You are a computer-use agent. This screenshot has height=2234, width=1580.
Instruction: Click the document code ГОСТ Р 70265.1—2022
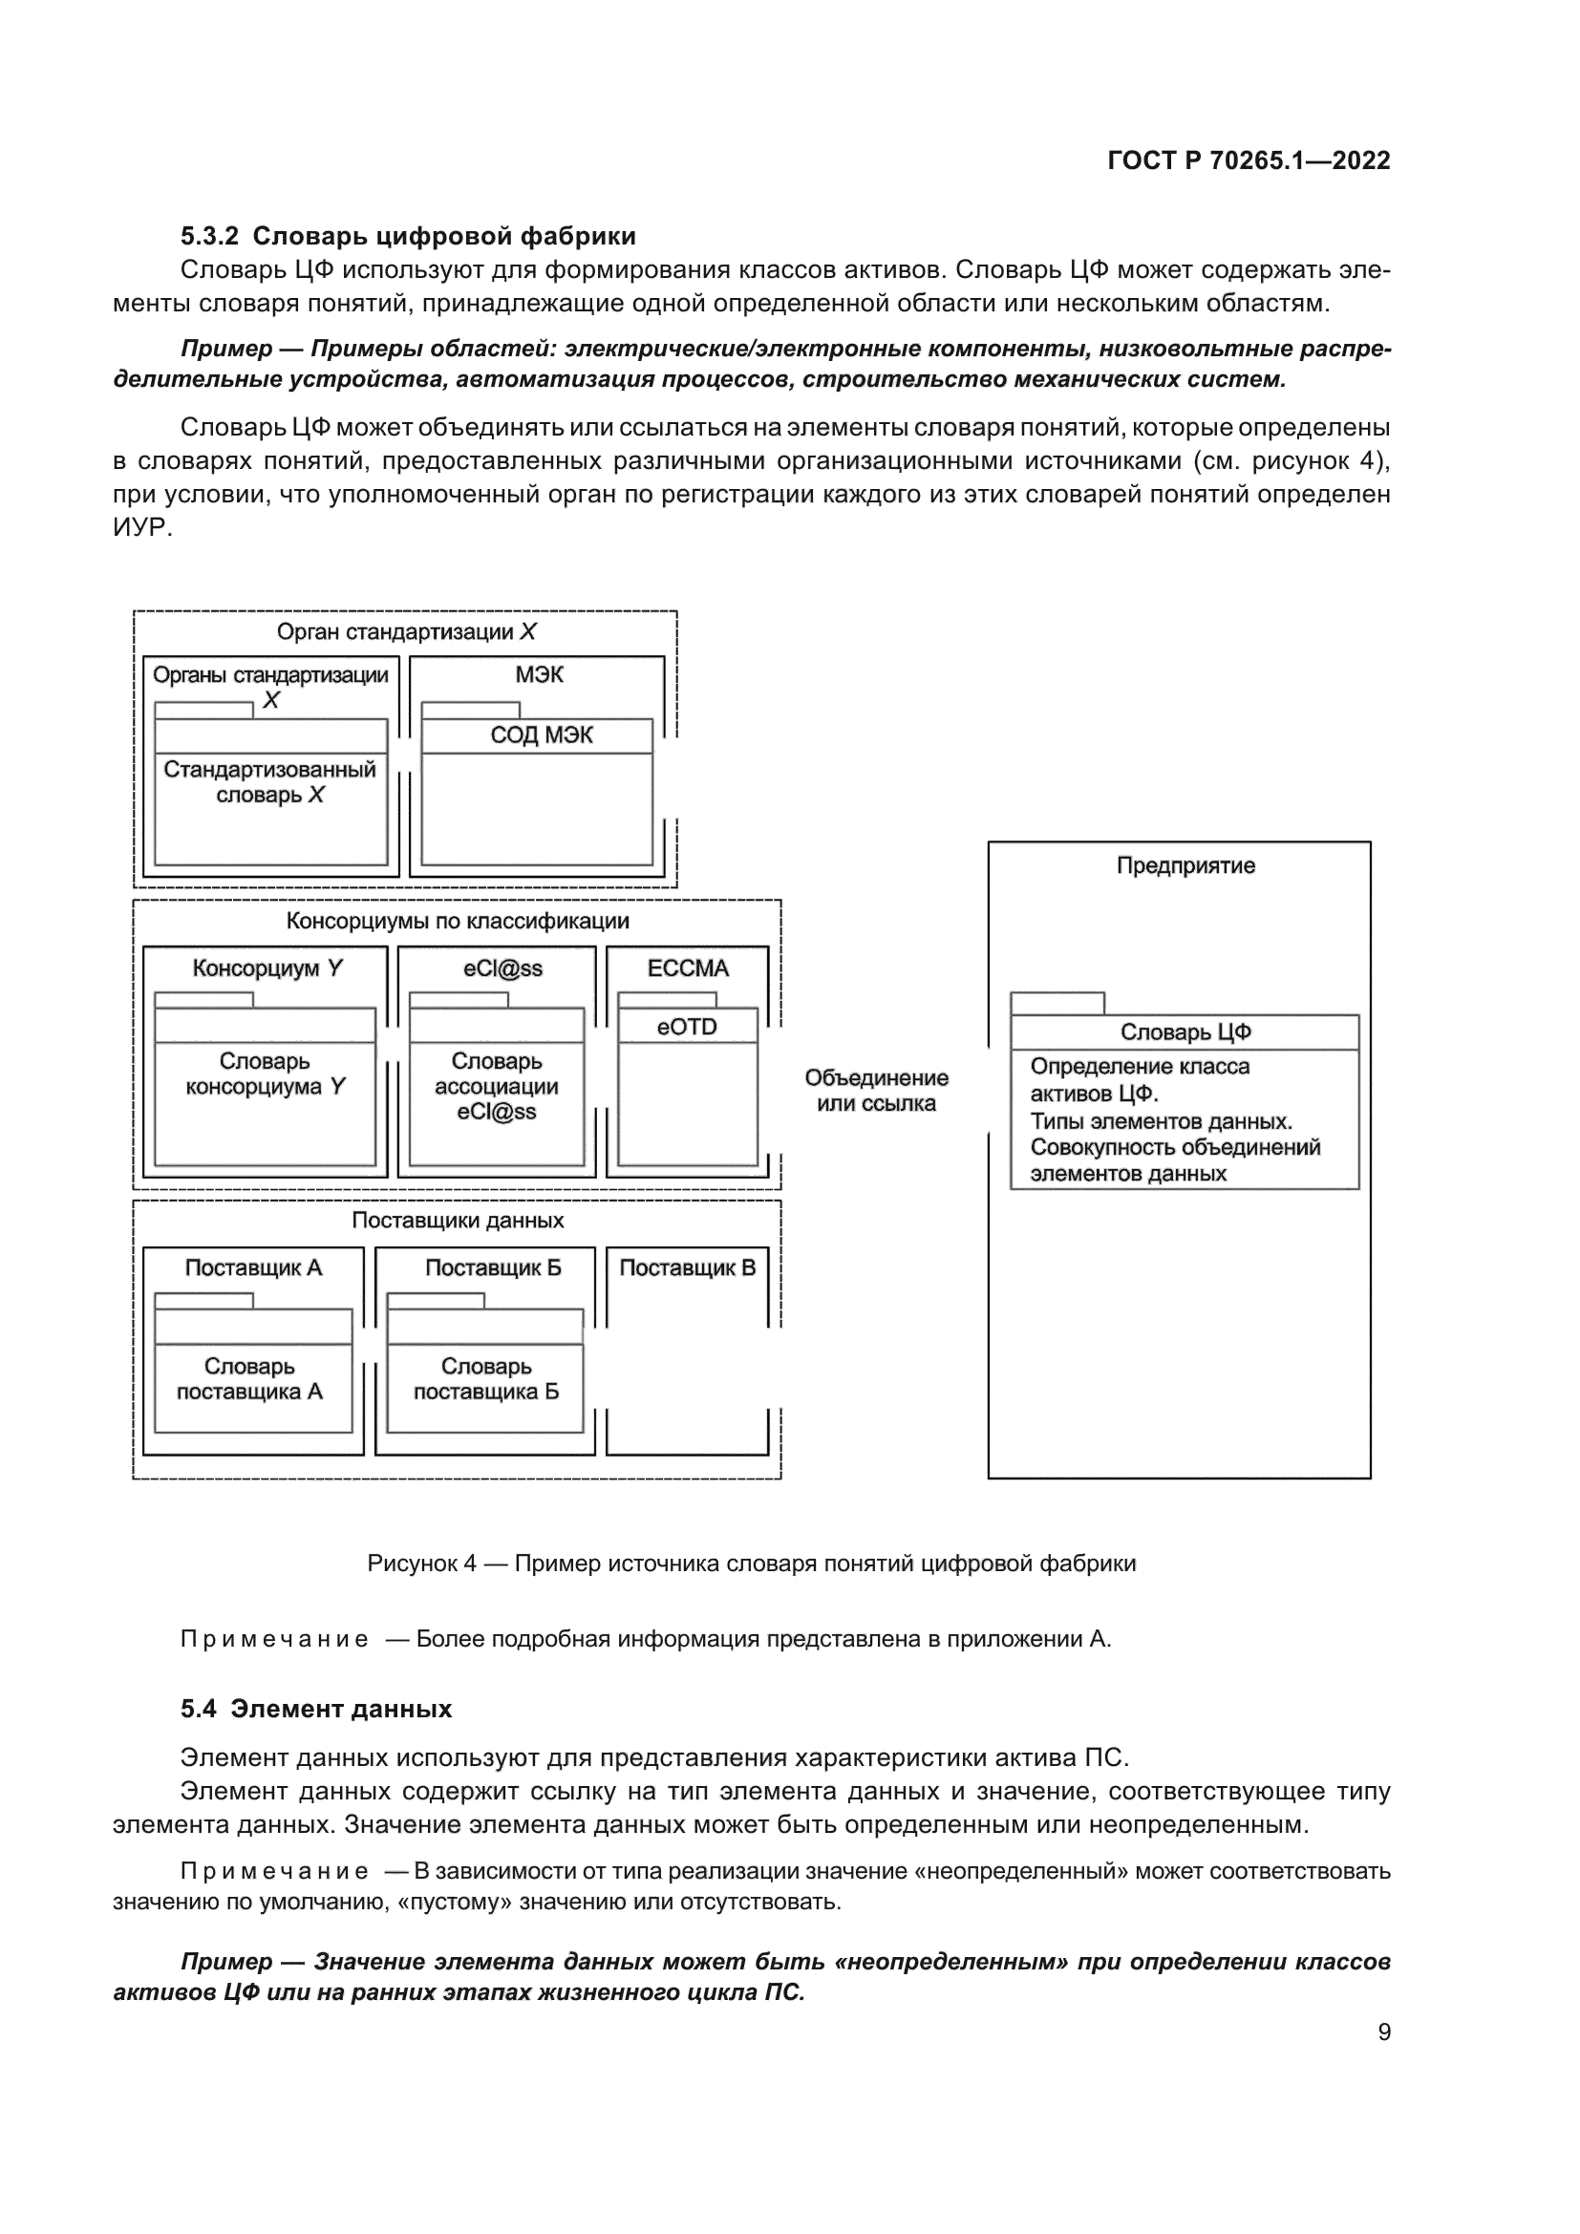point(1249,161)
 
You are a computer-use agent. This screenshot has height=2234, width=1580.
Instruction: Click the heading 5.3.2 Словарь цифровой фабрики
point(408,237)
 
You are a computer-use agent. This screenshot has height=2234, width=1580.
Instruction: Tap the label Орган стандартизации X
point(406,632)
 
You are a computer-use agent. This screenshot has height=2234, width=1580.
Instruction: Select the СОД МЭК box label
point(541,735)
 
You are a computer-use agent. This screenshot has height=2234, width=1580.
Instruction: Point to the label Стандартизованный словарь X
point(269,782)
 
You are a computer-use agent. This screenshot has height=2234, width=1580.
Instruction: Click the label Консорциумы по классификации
point(458,922)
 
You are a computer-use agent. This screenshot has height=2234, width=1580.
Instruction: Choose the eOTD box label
point(687,1027)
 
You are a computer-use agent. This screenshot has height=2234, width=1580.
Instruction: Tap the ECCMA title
point(688,968)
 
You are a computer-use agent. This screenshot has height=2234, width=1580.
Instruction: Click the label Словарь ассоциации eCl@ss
point(496,1087)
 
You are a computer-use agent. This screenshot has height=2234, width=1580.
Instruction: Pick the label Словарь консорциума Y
point(265,1074)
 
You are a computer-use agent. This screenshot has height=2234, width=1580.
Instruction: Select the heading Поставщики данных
point(458,1220)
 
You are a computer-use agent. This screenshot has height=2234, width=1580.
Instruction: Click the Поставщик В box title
point(687,1267)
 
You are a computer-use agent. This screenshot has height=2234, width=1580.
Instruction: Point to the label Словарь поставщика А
point(249,1379)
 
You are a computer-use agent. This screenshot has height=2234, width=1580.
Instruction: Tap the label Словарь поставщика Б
point(485,1379)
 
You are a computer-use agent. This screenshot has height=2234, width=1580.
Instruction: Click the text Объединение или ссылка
point(876,1091)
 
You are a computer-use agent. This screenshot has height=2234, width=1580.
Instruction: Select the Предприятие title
point(1185,866)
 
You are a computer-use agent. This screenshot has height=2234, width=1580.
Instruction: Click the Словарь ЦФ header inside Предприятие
point(1185,1032)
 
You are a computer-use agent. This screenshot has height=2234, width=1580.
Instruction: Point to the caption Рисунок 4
point(751,1564)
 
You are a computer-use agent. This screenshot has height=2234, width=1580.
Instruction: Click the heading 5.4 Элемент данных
point(316,1710)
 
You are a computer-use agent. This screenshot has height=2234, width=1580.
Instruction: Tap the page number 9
point(1383,2032)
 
